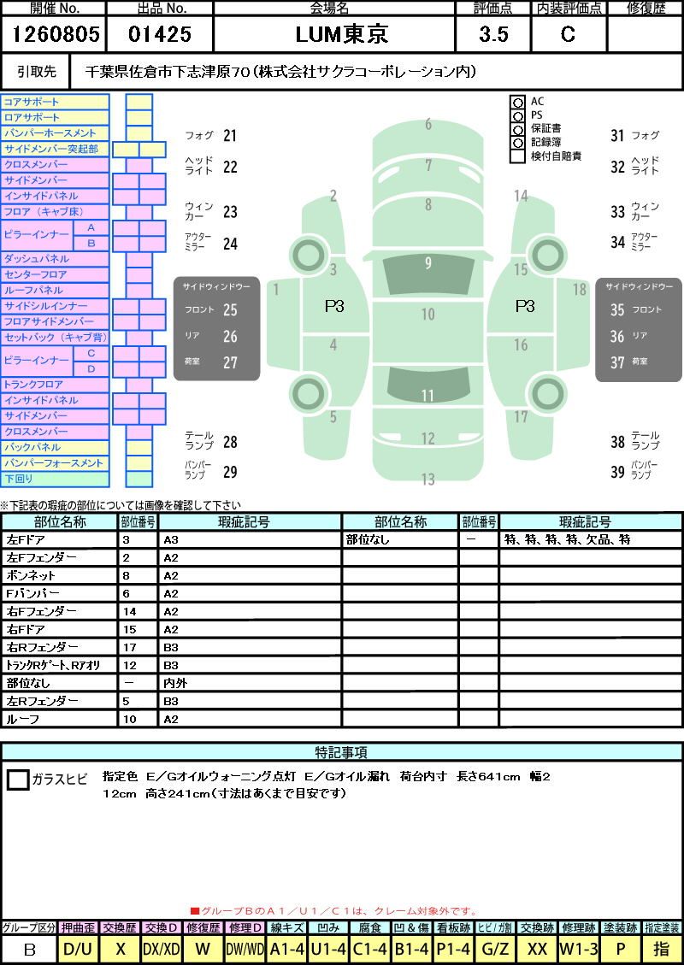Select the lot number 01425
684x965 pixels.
tap(160, 34)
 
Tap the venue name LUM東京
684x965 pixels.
tap(342, 34)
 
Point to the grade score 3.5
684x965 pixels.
tap(493, 34)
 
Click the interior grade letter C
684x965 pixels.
tap(568, 34)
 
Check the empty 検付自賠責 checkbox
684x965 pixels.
tap(517, 156)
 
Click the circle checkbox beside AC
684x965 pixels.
tap(517, 102)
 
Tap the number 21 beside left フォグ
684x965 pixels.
tap(230, 135)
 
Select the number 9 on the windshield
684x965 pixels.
tap(427, 263)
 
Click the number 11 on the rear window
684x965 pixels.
tap(427, 395)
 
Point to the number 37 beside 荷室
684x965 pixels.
tap(617, 362)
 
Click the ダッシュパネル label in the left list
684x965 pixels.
tap(36, 259)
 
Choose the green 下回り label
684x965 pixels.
tap(19, 479)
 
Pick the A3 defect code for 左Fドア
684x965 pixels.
tap(170, 540)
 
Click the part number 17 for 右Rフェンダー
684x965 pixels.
tap(129, 647)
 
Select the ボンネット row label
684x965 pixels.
tap(31, 576)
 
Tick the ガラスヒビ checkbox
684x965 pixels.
tap(18, 780)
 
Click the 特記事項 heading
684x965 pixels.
tap(342, 752)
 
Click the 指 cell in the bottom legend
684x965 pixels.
tap(661, 950)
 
